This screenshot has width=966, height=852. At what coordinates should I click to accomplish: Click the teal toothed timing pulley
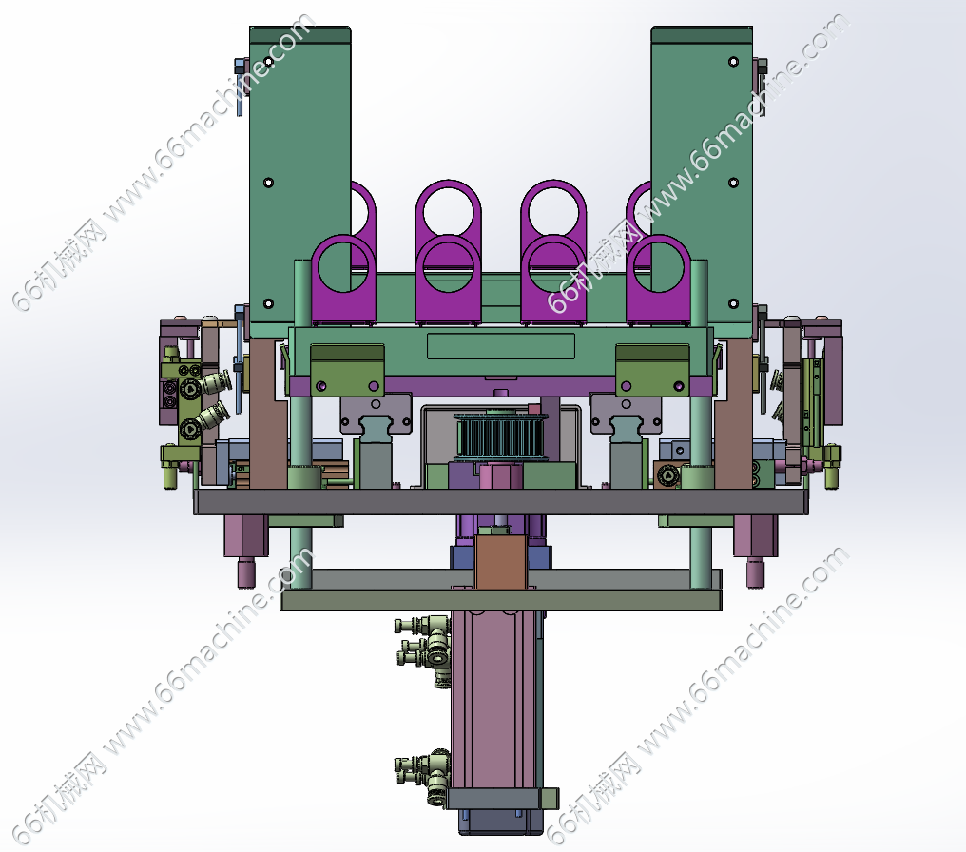point(500,436)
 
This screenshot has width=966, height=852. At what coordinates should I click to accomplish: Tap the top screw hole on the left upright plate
point(268,62)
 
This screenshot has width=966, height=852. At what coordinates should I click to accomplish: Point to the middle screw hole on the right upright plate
point(733,183)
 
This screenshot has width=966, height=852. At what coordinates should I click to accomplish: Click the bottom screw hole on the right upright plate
point(733,303)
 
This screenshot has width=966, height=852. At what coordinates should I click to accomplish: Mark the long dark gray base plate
point(501,502)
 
